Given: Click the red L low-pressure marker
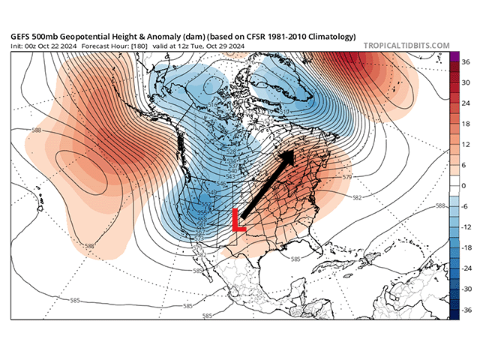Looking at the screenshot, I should (x=238, y=219).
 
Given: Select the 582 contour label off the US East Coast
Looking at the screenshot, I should (x=357, y=198).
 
